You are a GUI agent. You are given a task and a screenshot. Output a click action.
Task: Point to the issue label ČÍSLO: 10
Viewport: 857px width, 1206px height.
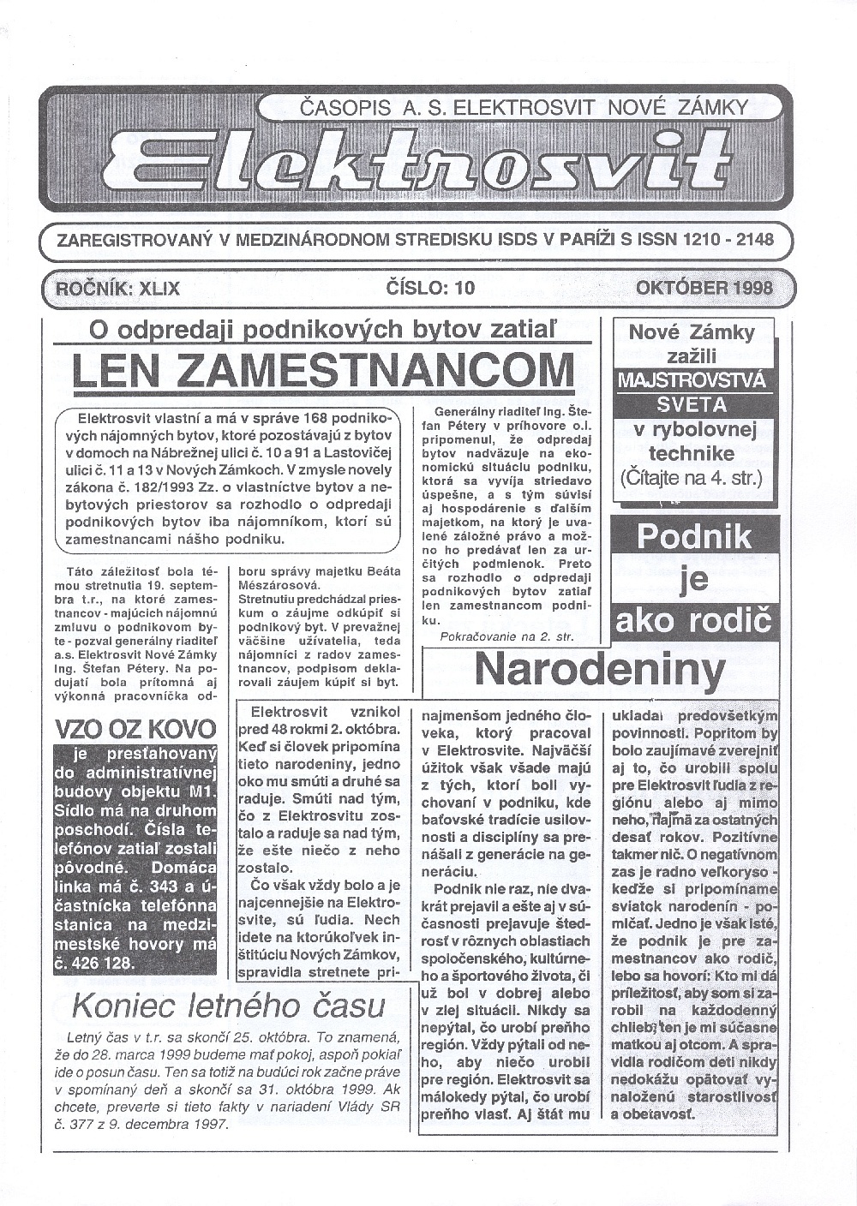(429, 288)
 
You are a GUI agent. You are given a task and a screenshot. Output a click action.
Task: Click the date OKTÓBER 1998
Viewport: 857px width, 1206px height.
(704, 288)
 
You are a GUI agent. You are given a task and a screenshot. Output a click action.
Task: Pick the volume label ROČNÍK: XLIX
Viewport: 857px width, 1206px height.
(117, 288)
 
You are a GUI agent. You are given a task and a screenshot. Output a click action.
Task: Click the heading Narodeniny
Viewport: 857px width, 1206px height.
(599, 669)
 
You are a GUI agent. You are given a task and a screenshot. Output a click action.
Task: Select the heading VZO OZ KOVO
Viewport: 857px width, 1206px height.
(135, 729)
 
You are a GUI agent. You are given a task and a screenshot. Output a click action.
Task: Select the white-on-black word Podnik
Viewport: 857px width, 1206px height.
(694, 537)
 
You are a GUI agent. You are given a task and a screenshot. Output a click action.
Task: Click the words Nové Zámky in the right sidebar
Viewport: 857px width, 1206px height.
(692, 332)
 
